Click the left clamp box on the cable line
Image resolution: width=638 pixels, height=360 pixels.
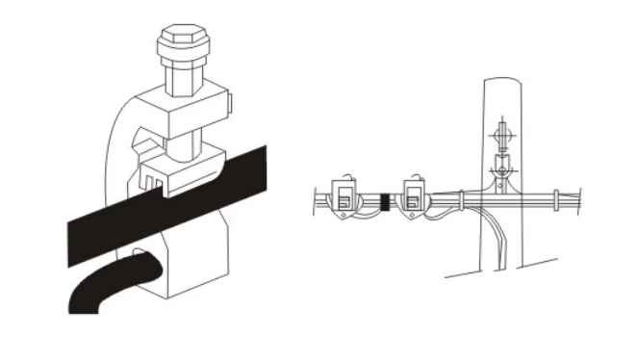coord(344,197)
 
